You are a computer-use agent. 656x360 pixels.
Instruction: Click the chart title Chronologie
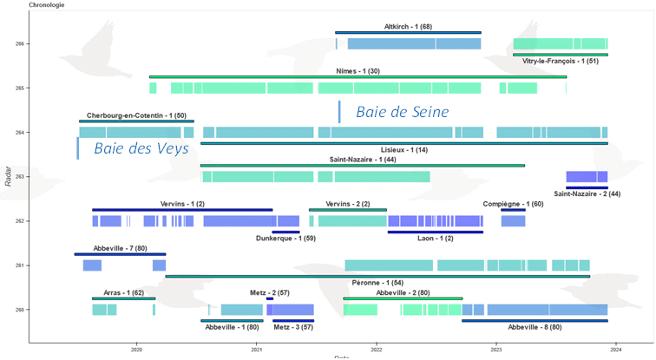(46, 4)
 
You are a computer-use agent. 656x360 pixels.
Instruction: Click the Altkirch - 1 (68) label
(408, 27)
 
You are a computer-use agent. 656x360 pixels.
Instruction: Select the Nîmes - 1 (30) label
(358, 71)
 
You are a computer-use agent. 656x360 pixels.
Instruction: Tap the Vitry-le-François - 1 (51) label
(561, 61)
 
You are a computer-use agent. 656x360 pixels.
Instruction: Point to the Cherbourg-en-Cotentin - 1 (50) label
(136, 115)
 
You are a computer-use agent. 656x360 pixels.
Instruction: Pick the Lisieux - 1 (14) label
(404, 149)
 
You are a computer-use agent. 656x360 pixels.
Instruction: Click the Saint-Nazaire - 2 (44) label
(587, 193)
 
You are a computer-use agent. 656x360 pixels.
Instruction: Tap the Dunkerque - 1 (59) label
(285, 238)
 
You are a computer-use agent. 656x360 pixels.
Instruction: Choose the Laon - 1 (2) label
(436, 238)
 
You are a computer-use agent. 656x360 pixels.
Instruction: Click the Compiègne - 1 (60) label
(514, 204)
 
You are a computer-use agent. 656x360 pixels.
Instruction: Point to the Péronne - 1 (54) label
(377, 283)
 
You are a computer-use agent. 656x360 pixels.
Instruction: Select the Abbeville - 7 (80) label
(120, 249)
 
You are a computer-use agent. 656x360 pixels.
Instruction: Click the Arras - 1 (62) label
(123, 293)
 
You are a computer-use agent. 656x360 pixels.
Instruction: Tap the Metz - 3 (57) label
(293, 327)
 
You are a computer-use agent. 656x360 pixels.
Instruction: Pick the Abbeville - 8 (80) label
(535, 327)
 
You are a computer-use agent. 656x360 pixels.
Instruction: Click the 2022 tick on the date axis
(377, 349)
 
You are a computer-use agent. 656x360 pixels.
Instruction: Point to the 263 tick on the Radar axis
(19, 177)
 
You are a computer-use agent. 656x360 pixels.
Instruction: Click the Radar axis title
(8, 176)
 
